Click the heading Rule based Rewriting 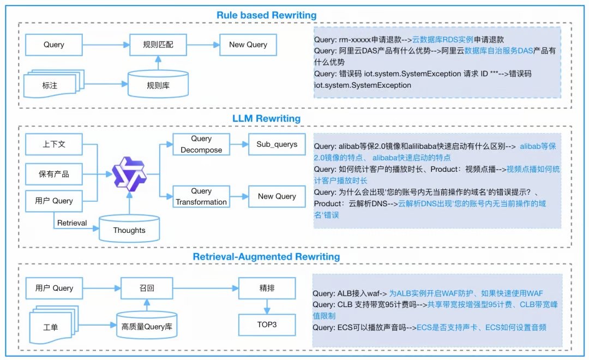point(266,15)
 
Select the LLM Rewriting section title point(267,118)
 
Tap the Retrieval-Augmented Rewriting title point(266,256)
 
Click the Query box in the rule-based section point(54,45)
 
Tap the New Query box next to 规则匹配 point(248,45)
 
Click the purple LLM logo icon point(130,172)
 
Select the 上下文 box point(54,145)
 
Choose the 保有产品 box point(54,175)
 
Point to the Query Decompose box point(201,145)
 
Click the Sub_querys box point(277,145)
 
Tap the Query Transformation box point(201,196)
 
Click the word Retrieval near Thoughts point(72,223)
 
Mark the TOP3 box point(267,325)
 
